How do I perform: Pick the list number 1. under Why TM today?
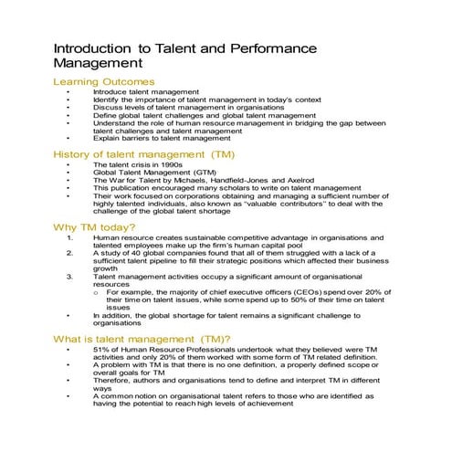(70, 237)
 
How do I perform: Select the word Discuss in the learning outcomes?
(107, 107)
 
